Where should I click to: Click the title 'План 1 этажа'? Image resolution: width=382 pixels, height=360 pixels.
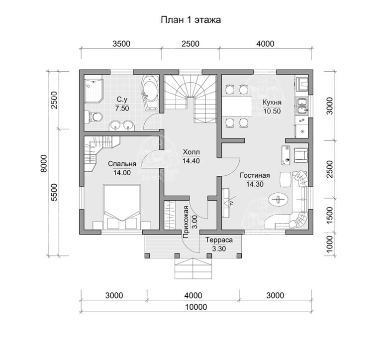click(x=191, y=20)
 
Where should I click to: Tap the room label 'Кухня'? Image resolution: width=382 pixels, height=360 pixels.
click(x=272, y=102)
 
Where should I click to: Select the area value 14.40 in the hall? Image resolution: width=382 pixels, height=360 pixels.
click(x=191, y=161)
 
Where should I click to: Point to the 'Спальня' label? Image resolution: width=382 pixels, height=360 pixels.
click(x=122, y=164)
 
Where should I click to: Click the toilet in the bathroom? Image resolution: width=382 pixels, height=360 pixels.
click(x=94, y=117)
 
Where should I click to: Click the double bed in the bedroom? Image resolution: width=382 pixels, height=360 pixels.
click(x=122, y=207)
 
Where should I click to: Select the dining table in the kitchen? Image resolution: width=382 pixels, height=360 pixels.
click(x=237, y=106)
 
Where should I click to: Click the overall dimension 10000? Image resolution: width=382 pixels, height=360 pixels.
click(x=196, y=307)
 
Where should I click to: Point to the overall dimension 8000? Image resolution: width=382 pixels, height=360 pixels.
click(x=44, y=163)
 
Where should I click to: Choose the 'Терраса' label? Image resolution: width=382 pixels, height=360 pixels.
click(x=219, y=240)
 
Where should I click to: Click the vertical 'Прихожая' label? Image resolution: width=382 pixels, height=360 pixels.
click(x=186, y=222)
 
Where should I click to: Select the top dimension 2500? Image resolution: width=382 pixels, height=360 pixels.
click(x=191, y=44)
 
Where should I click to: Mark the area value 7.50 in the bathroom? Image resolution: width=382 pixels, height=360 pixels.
click(x=122, y=108)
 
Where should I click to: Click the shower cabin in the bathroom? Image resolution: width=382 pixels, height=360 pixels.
click(x=93, y=89)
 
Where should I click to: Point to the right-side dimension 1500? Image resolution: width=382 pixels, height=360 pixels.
click(x=329, y=215)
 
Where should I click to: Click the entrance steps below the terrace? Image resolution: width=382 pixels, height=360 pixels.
click(x=193, y=269)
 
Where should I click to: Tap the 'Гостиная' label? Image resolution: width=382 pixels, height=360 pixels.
click(x=255, y=175)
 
